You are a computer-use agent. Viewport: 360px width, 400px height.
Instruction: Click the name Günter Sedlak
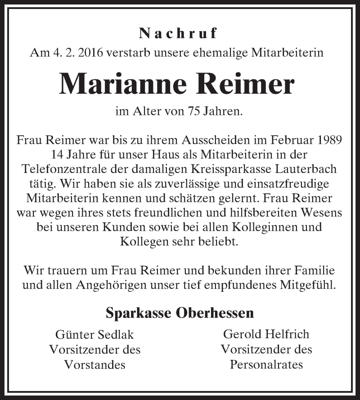(94, 335)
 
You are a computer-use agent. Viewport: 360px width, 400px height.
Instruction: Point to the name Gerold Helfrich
(266, 334)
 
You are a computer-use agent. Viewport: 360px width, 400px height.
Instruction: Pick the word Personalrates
(266, 364)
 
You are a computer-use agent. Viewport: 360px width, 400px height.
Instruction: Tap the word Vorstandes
(94, 364)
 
